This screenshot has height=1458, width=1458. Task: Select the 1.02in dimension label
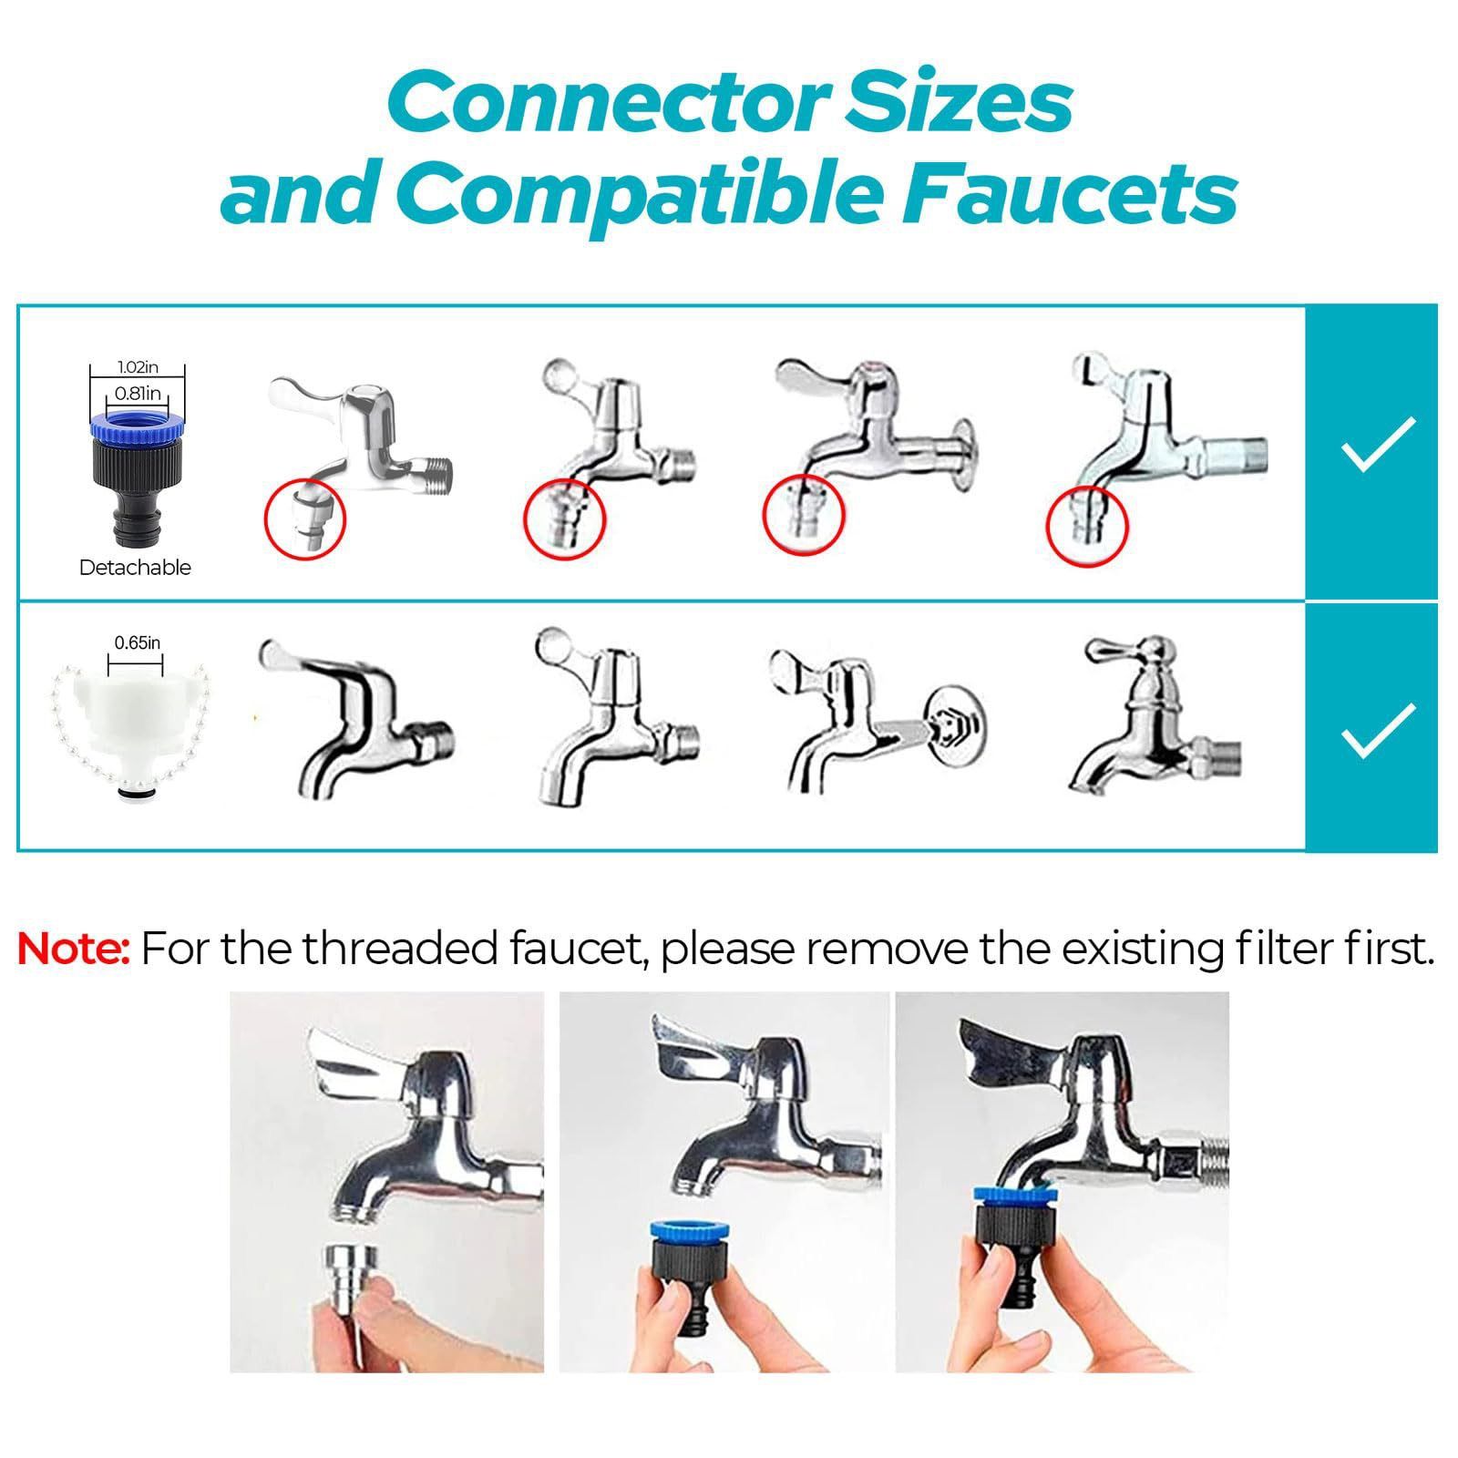pyautogui.click(x=137, y=367)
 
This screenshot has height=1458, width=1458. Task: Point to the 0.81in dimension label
pyautogui.click(x=137, y=394)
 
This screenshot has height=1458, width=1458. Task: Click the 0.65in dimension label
pyautogui.click(x=137, y=642)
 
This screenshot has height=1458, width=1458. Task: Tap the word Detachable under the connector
pyautogui.click(x=135, y=568)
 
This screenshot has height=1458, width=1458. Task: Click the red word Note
pyautogui.click(x=75, y=949)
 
